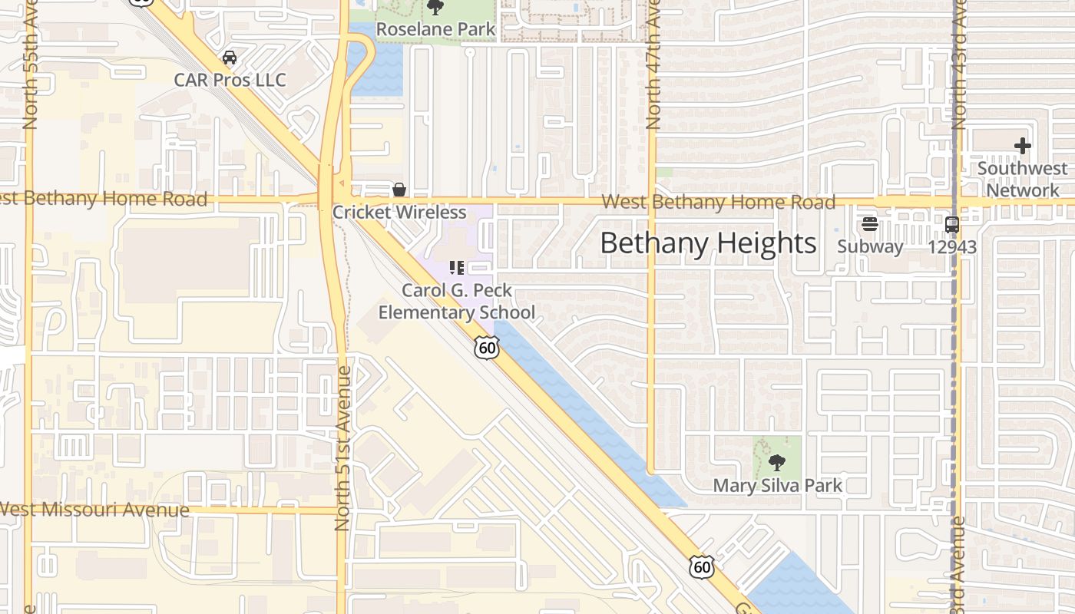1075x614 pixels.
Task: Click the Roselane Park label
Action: tap(435, 29)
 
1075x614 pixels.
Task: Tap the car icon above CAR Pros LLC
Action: tap(229, 58)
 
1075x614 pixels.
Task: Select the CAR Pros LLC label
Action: tap(230, 80)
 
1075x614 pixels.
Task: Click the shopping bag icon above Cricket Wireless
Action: tap(399, 190)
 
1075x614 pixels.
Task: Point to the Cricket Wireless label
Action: tap(399, 213)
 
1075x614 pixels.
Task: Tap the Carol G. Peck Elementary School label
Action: tap(457, 302)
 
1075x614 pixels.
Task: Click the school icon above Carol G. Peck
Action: tap(457, 268)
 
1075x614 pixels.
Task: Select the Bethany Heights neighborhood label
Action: tap(708, 243)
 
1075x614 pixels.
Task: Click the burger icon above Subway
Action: tap(869, 224)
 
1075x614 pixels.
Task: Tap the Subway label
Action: tap(869, 246)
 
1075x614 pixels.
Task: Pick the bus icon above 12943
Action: tap(952, 224)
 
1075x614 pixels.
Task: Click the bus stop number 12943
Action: tap(952, 246)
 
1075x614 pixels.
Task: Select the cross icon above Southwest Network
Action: tap(1022, 145)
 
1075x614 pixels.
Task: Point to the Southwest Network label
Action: tap(1022, 179)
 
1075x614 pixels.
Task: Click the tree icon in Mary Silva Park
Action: tap(777, 462)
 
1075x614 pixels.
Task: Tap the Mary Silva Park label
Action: tap(777, 485)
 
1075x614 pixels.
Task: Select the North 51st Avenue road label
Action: tap(343, 448)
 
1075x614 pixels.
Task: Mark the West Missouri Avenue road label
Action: tap(94, 510)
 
